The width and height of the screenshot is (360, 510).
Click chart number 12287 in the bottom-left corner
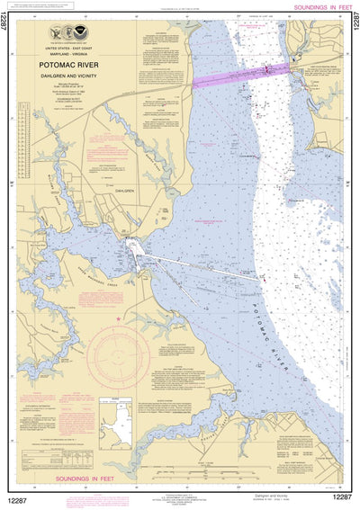(x=22, y=497)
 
